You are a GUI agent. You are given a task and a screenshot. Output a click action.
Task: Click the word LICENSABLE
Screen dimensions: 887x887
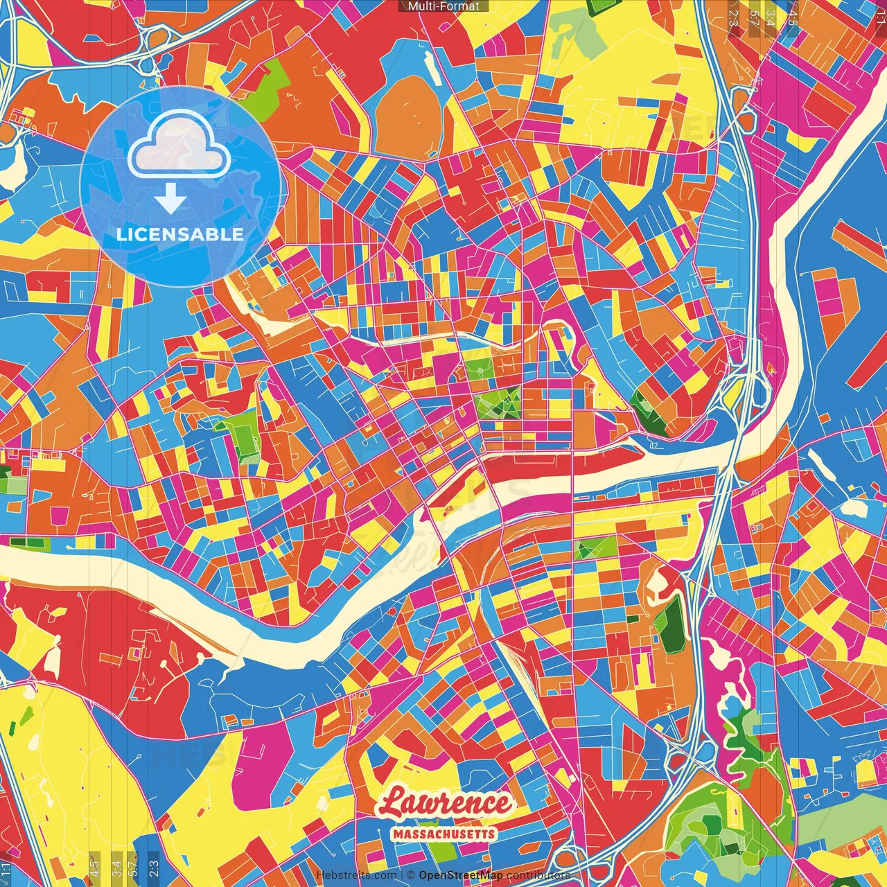[x=179, y=234]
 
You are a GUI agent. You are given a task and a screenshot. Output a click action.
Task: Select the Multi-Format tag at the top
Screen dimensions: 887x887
[x=443, y=6]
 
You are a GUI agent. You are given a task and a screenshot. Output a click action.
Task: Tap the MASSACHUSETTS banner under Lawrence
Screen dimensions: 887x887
[x=443, y=834]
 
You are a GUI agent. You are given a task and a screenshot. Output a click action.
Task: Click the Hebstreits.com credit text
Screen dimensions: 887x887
[x=356, y=875]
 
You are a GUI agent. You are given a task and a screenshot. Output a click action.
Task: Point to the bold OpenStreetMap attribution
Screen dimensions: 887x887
[x=460, y=875]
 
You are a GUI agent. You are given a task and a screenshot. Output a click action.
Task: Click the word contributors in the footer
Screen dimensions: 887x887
[x=538, y=875]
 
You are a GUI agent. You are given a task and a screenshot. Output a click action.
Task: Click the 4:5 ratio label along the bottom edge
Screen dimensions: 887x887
[x=95, y=866]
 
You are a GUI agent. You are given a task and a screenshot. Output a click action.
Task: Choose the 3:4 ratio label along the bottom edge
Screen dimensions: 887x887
[x=116, y=866]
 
